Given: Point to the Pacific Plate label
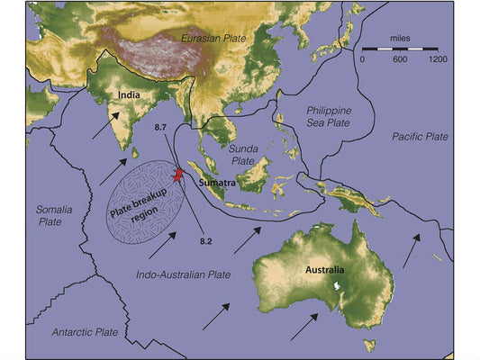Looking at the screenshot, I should click(420, 136).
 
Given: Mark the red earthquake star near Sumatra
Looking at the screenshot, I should click(178, 174).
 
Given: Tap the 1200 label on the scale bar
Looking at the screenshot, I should click(437, 58).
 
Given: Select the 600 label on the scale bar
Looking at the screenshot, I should click(400, 58).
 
